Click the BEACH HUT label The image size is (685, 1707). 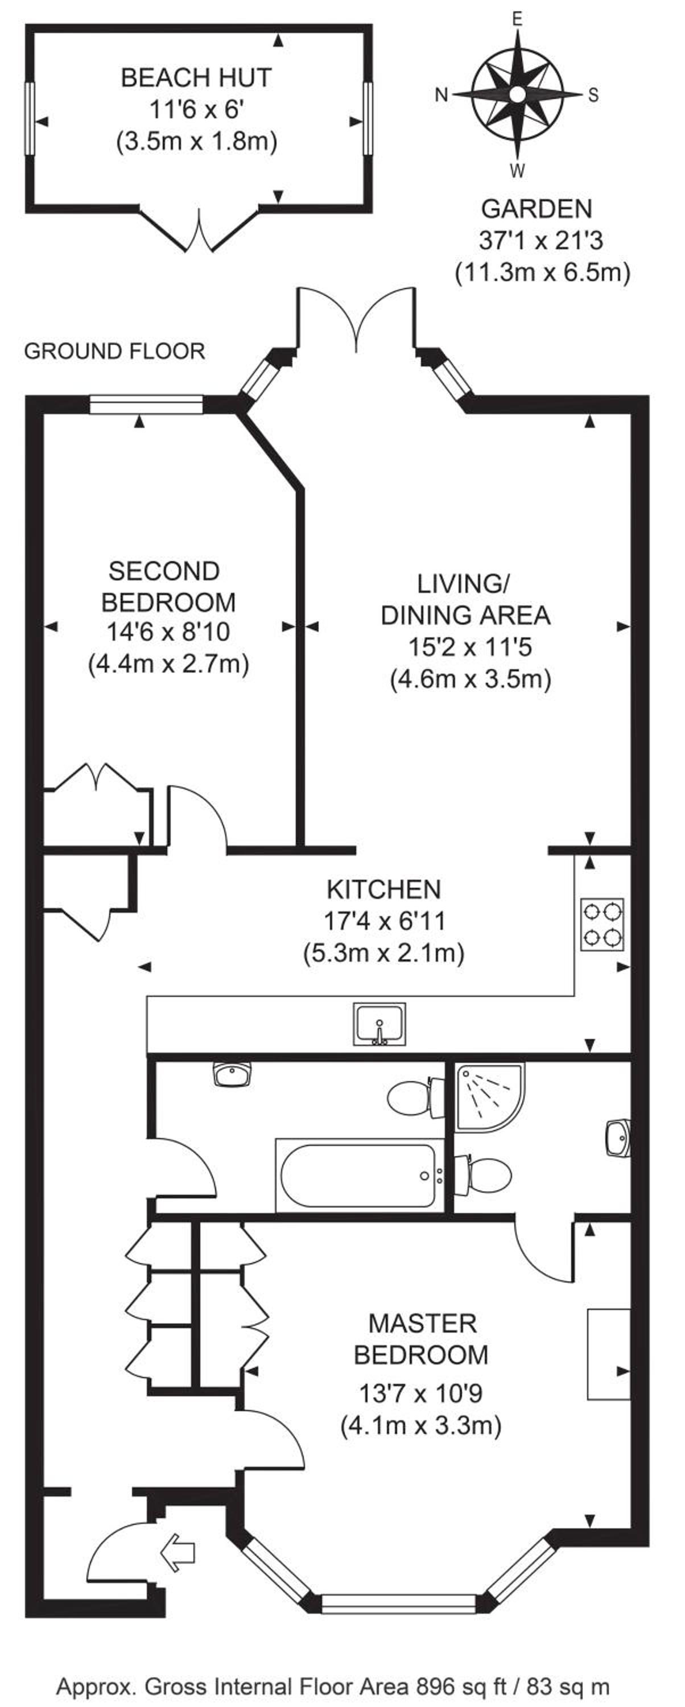(x=196, y=78)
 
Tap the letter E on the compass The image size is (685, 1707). (x=517, y=19)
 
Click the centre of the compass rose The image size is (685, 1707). (x=517, y=93)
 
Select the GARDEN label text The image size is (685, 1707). (x=537, y=209)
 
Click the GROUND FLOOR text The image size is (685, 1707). (x=114, y=351)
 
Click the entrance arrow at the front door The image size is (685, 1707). (x=178, y=1553)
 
